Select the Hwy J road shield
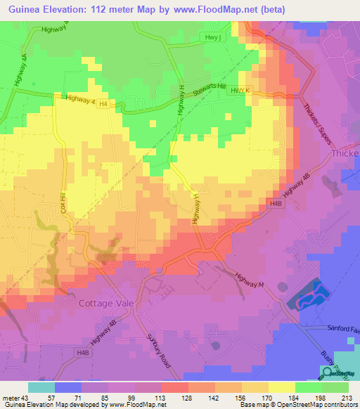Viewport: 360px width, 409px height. [x=210, y=37]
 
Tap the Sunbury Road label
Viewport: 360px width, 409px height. [x=156, y=351]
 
